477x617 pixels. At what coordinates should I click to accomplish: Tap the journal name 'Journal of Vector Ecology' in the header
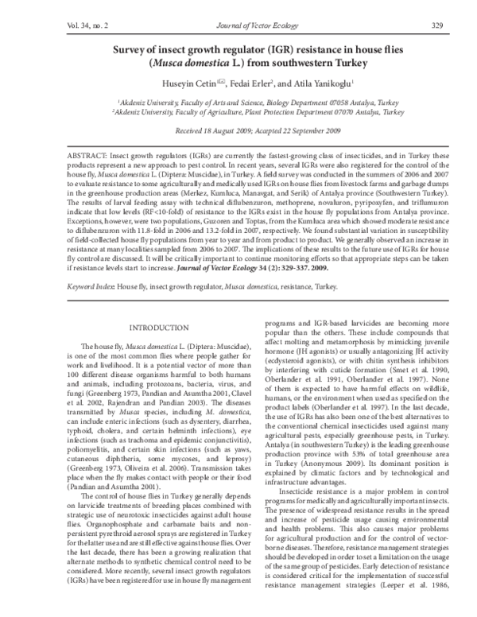coord(239,25)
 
